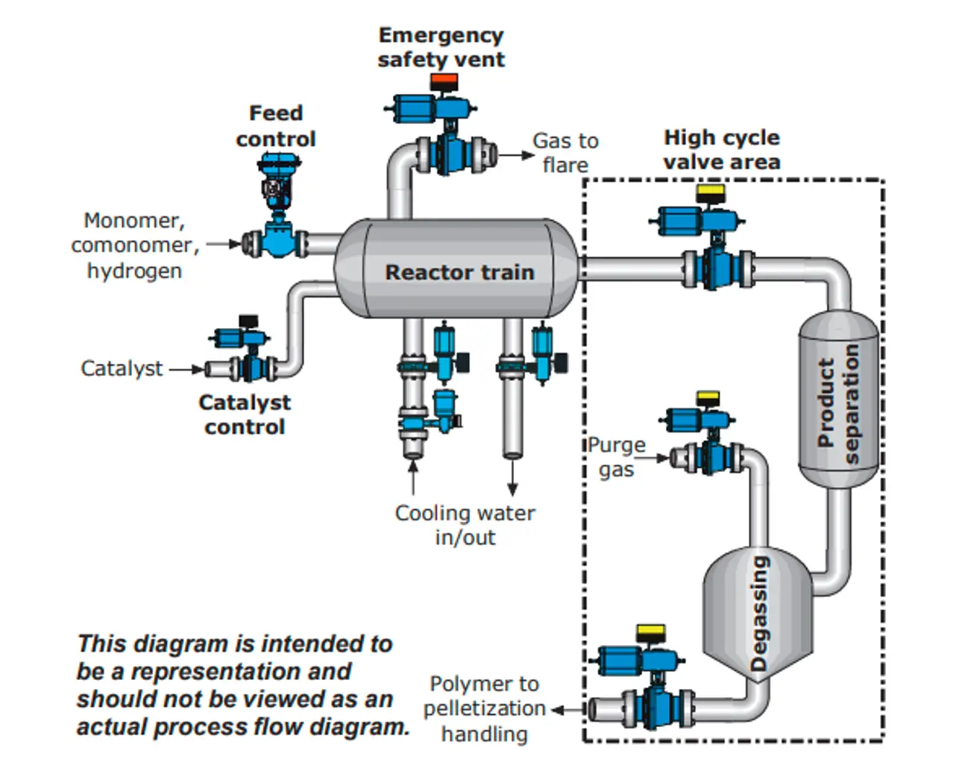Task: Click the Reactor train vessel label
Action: (459, 272)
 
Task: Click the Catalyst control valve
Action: (246, 354)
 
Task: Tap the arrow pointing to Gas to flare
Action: (517, 155)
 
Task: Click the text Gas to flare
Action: (565, 152)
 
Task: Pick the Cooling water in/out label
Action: (465, 525)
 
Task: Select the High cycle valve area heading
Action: (721, 149)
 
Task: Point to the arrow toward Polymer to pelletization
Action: (567, 710)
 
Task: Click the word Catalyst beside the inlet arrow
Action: (122, 368)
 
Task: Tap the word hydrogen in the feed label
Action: (134, 270)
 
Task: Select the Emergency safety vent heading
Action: (441, 47)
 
